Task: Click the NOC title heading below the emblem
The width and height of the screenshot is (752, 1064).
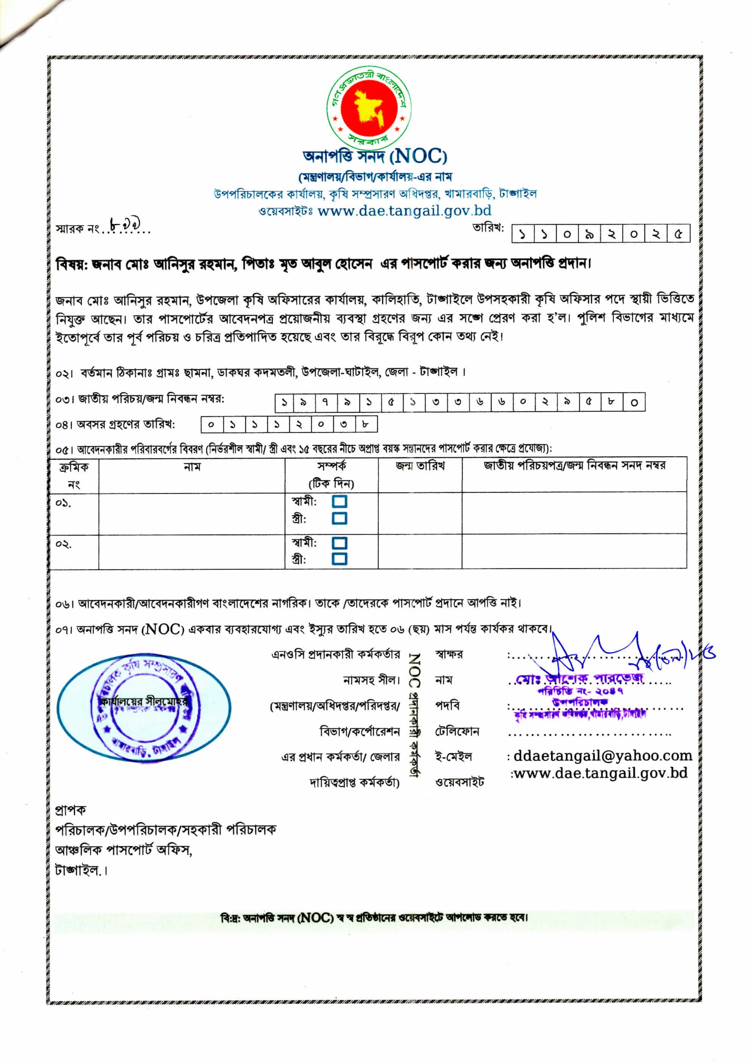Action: coord(375,157)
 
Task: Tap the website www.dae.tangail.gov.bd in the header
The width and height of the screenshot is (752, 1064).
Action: coord(405,211)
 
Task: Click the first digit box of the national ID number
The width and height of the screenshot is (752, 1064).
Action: coord(284,403)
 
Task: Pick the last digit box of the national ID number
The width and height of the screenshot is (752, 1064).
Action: coord(634,403)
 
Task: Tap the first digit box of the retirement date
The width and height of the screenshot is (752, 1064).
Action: coord(211,424)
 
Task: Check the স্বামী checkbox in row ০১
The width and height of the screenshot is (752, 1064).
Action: coord(340,502)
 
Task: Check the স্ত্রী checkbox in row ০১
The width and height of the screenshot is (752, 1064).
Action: coord(340,518)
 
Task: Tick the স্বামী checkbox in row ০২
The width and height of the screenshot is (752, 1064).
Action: coord(340,543)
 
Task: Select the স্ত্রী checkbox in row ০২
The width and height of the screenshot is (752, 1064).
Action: coord(340,559)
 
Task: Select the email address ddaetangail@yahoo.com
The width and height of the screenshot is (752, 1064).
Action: coord(602,756)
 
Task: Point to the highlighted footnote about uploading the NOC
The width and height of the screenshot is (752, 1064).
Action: coord(374,918)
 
